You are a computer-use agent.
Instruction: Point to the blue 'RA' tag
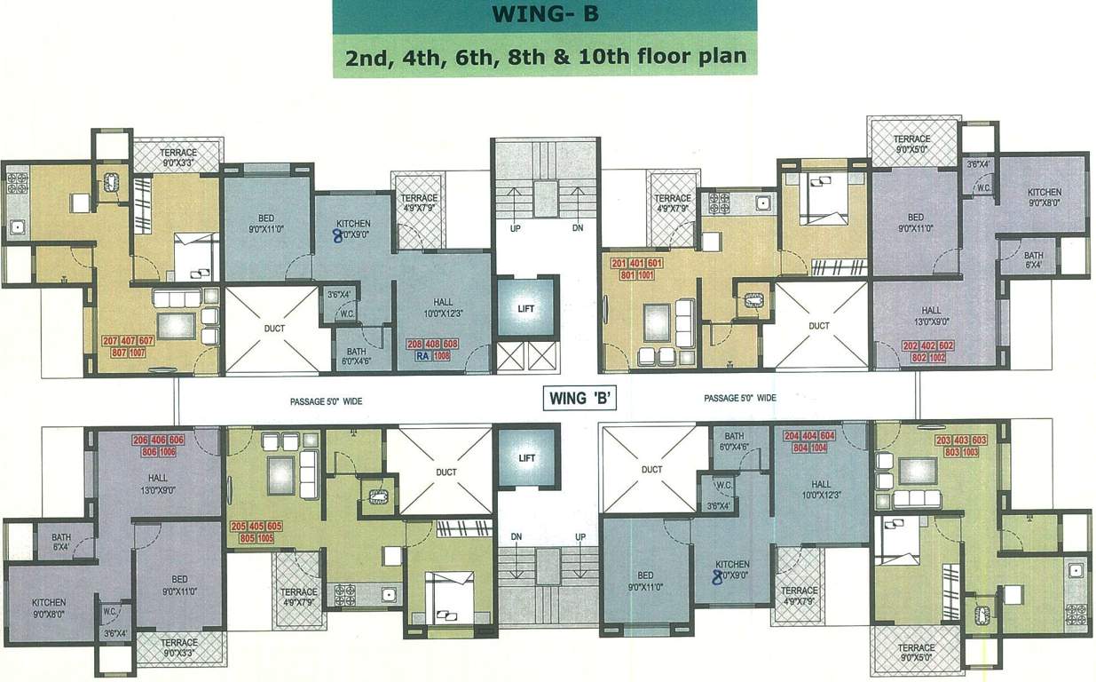pos(423,355)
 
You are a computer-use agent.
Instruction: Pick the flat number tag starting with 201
pos(636,268)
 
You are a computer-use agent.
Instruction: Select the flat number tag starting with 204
pos(808,441)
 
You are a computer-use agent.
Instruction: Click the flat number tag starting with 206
pos(158,446)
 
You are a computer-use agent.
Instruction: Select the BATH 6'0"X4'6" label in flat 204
pos(734,441)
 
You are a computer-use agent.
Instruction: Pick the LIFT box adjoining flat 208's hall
pos(527,307)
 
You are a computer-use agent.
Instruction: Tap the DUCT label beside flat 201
pos(818,326)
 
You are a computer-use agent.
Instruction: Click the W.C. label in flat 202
pos(982,187)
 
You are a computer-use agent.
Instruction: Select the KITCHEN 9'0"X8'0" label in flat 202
pos(1044,197)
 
